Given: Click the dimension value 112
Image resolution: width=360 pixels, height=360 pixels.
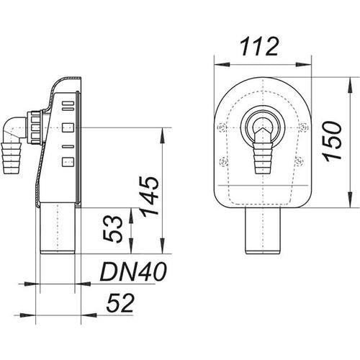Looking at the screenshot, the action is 259,47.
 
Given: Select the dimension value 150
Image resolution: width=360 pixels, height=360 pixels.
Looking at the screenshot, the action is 332,140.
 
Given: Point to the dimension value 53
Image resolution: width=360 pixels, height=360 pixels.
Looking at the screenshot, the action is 112,229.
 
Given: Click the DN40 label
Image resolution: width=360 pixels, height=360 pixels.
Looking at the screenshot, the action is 133,271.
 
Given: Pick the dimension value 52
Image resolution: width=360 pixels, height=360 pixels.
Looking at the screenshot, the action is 120,304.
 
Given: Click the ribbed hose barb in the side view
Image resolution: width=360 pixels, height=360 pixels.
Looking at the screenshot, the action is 12,158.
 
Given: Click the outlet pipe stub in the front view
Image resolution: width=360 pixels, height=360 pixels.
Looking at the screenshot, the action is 263,230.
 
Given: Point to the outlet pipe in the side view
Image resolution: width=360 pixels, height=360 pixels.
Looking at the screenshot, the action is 58,228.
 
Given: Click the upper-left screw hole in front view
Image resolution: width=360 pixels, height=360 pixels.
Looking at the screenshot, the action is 221,127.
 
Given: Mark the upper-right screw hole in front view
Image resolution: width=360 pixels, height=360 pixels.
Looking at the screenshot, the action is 305,127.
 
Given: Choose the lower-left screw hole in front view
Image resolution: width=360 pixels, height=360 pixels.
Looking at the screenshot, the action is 223,161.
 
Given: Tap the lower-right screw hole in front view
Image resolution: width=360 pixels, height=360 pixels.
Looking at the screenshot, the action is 300,161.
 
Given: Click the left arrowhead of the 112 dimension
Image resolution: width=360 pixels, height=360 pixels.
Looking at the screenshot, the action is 222,64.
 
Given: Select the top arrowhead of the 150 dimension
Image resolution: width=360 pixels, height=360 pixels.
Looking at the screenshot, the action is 351,85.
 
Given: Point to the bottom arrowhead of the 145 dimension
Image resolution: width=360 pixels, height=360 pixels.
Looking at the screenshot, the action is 163,246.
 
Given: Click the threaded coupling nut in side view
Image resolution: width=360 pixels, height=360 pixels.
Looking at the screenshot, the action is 35,127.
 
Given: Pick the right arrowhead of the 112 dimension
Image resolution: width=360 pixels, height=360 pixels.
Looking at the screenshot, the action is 304,64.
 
